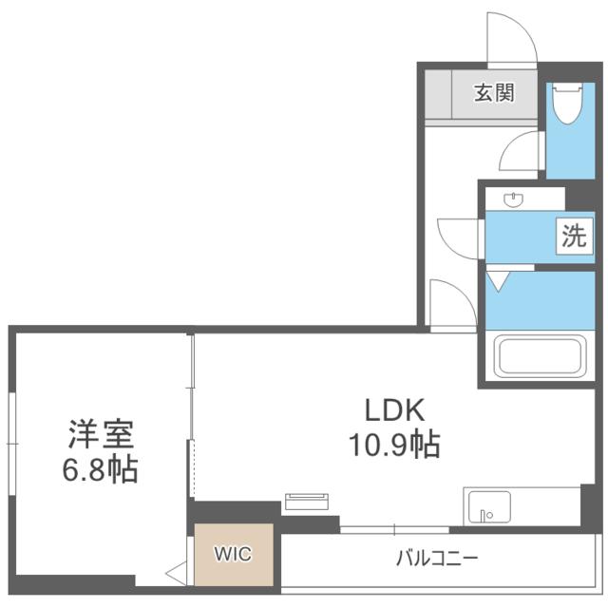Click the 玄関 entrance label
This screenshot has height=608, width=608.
[x=495, y=93]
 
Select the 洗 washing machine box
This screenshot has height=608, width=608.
[x=574, y=237]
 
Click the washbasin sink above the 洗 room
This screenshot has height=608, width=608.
[x=513, y=199]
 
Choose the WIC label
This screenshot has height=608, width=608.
[x=233, y=554]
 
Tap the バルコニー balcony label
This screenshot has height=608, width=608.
[x=437, y=558]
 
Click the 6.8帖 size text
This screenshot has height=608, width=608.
[x=101, y=468]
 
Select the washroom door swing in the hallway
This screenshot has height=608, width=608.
[x=462, y=237]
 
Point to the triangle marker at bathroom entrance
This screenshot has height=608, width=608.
[x=500, y=280]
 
